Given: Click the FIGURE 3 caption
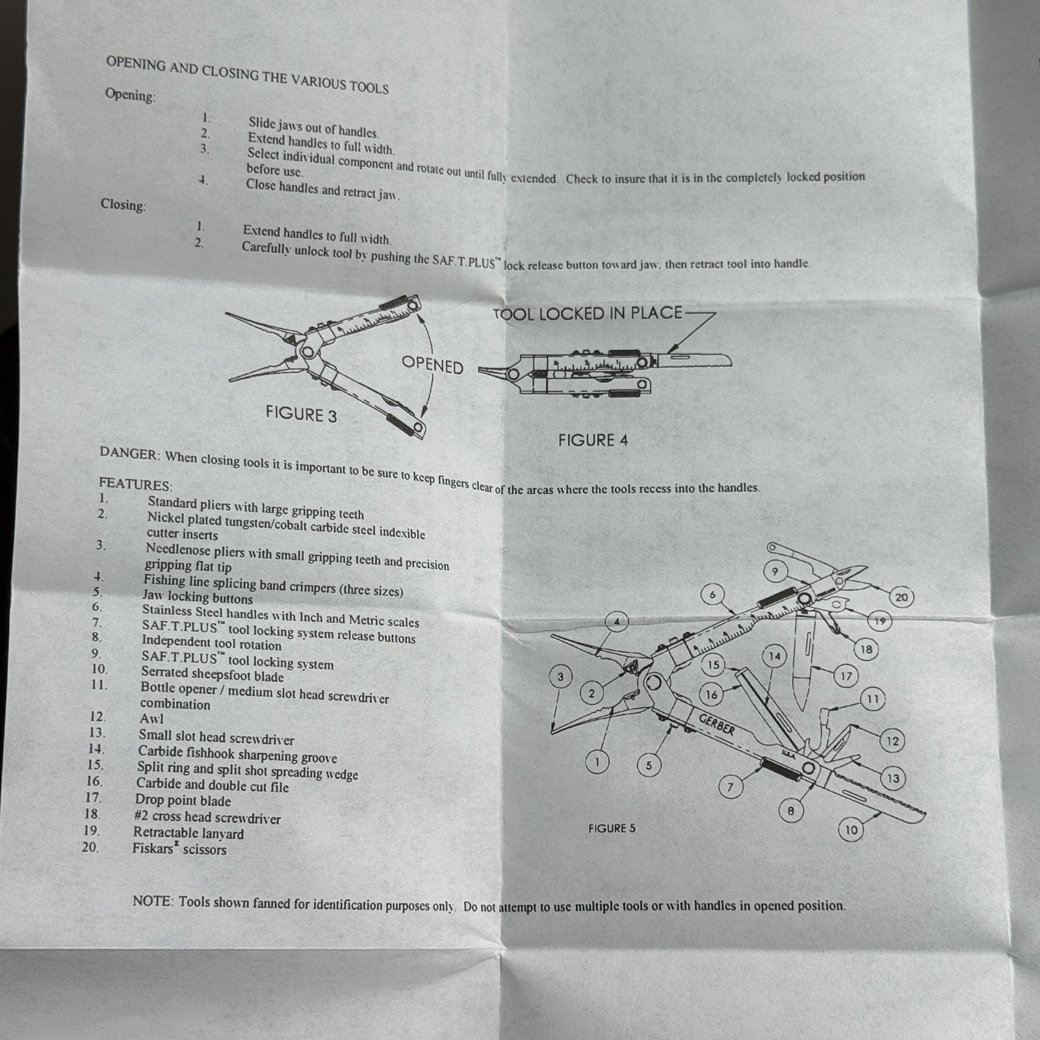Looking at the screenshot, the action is (301, 414).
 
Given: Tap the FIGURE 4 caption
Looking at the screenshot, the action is (593, 440).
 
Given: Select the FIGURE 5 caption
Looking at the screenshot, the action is (612, 828).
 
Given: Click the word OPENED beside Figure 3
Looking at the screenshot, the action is (432, 364).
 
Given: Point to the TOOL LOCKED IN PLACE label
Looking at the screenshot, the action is (588, 314).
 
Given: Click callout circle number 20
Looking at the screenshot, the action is (901, 597).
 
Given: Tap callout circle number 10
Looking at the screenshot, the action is (851, 829).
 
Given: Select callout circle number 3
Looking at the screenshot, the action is (561, 677).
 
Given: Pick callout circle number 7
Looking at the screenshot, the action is (730, 787).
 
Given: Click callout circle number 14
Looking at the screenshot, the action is (774, 656).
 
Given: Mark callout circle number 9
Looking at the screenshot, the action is (775, 572).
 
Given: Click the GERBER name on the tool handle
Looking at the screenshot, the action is (717, 724).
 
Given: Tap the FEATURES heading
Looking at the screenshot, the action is (135, 484).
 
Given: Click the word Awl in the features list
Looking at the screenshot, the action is (151, 718).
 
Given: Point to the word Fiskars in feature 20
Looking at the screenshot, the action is (153, 848).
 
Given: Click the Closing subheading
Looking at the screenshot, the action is (123, 205).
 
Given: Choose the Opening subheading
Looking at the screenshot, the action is (131, 95).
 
